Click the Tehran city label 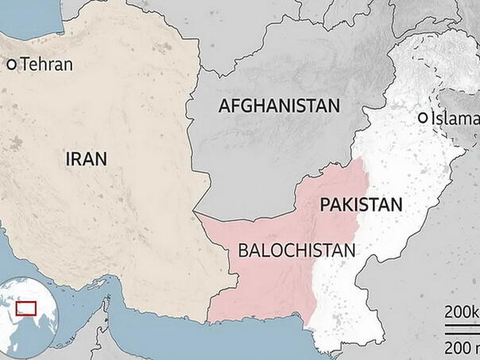point(46,65)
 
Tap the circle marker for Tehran point(12,64)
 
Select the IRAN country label point(86,158)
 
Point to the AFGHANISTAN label point(279,106)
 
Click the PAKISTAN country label point(361,204)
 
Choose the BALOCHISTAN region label point(296,250)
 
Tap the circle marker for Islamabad point(422,118)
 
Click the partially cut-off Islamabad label point(455,118)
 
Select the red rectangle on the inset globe point(28,307)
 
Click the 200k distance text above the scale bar point(461,310)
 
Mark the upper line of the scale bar point(461,324)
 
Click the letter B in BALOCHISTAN point(244,250)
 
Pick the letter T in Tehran point(25,65)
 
